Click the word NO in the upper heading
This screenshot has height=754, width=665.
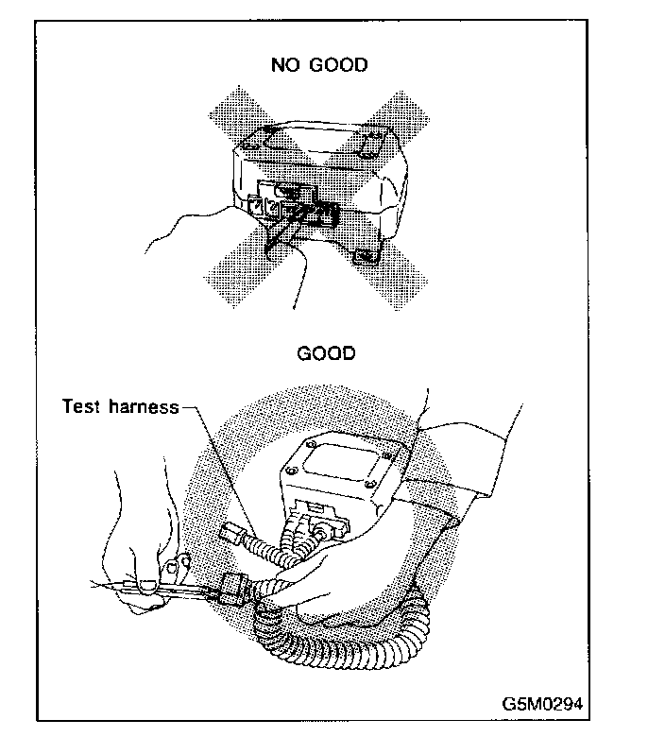coord(284,64)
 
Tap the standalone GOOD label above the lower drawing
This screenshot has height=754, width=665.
coord(327,353)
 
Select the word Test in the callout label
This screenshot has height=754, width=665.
coord(81,406)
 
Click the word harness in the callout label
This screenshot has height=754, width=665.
coord(144,407)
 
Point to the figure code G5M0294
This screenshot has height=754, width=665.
coord(542,704)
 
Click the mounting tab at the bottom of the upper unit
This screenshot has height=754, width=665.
coord(367,257)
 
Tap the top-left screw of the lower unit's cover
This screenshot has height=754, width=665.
coord(312,443)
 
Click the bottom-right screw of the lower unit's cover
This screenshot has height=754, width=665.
coord(369,484)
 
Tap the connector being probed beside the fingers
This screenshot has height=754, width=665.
coord(233,589)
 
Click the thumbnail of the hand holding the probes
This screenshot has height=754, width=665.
coord(148,585)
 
